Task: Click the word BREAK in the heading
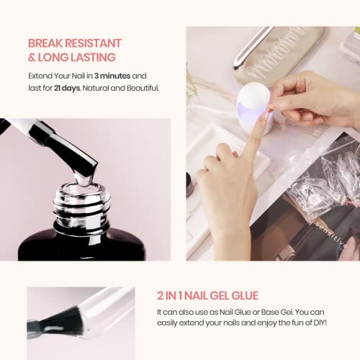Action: (45, 43)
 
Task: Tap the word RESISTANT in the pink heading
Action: (94, 43)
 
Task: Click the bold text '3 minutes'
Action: (112, 76)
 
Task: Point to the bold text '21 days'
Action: (67, 89)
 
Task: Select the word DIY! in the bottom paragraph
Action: (320, 323)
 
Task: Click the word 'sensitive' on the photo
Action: (331, 235)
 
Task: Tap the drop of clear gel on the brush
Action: (83, 179)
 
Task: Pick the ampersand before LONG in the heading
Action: (32, 58)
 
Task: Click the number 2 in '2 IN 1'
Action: (160, 295)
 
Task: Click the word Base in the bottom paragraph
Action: (270, 312)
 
